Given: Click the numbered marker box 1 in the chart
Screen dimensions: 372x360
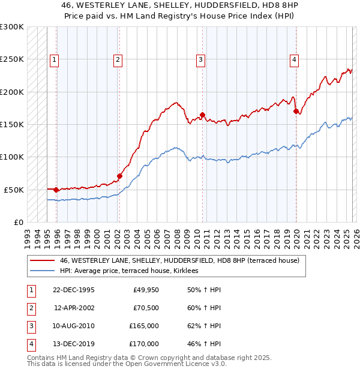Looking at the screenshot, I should coord(55,59).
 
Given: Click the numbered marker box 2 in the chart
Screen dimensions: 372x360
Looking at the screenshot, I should coord(117,59).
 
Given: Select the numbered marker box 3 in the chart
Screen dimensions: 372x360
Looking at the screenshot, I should coord(200,59).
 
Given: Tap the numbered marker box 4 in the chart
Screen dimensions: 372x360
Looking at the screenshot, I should coord(295,59).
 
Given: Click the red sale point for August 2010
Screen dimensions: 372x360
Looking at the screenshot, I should coord(203,115).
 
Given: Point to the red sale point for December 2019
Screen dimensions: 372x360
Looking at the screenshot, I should coord(296,111).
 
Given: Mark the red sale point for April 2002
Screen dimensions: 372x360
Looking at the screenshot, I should coord(120,176).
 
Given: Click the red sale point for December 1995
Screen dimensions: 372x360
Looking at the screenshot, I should coord(56,190).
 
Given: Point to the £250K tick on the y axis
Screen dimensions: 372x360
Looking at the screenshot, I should coord(12,59).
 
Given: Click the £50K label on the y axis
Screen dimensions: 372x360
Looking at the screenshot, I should coord(14,190).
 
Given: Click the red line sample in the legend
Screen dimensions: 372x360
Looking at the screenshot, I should coord(42,261).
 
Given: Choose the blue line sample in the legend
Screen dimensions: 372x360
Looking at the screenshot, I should coord(42,271).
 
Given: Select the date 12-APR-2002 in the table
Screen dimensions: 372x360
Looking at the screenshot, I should coord(74,308).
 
